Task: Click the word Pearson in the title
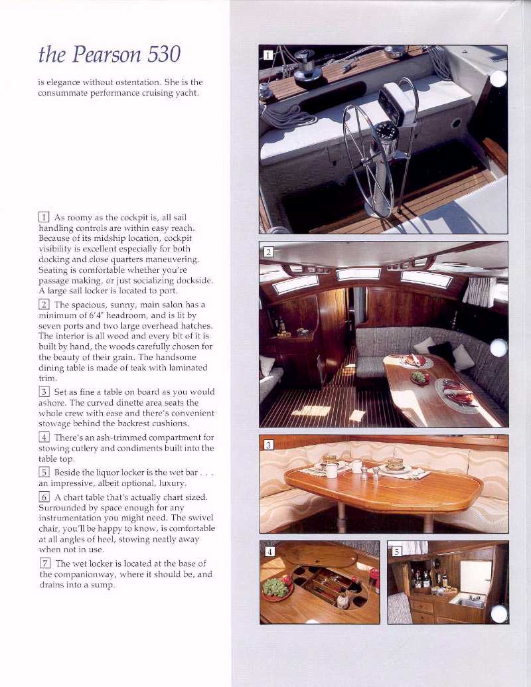point(102,54)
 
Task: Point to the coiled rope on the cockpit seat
point(287,118)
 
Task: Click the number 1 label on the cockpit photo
point(267,55)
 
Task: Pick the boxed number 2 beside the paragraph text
point(44,305)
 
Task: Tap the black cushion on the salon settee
point(441,351)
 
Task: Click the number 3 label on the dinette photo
point(267,445)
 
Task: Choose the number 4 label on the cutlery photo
point(269,551)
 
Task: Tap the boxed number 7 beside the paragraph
point(44,564)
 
